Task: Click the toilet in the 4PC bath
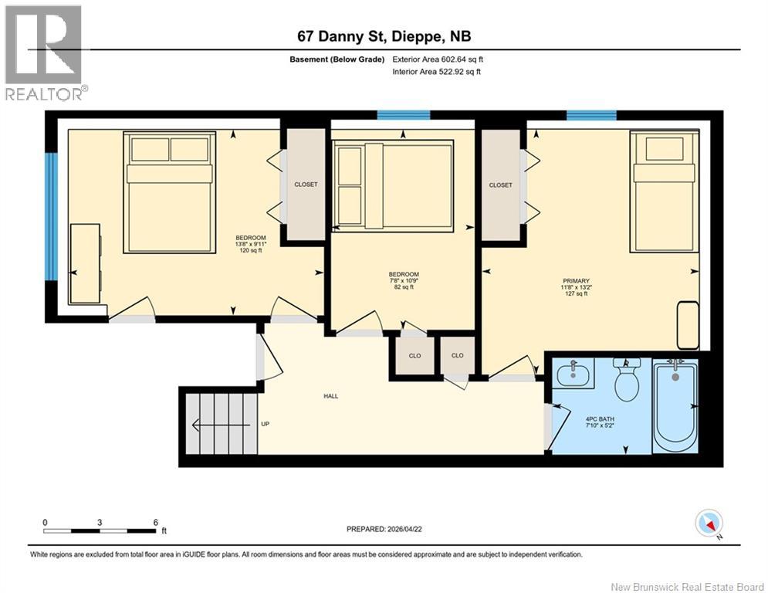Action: [627, 379]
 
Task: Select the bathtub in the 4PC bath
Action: [675, 405]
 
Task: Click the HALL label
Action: [330, 396]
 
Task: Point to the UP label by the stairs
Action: [265, 424]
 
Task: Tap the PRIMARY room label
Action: [576, 281]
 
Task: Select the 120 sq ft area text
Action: [251, 250]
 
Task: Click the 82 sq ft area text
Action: [404, 287]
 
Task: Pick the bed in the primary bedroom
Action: [664, 191]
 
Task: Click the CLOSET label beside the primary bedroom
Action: [501, 185]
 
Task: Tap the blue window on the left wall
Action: [52, 216]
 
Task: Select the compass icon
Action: [709, 523]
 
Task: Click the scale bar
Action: [100, 530]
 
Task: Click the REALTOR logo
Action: [45, 53]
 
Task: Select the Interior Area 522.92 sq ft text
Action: [437, 72]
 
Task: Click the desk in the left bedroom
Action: [86, 263]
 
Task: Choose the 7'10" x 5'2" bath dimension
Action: [600, 426]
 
